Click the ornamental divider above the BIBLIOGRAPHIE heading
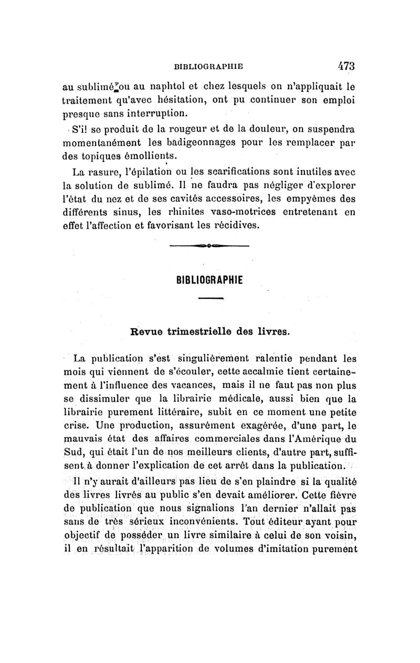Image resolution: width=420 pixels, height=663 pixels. (209, 245)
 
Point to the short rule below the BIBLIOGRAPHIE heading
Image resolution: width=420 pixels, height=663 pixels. (211, 298)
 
